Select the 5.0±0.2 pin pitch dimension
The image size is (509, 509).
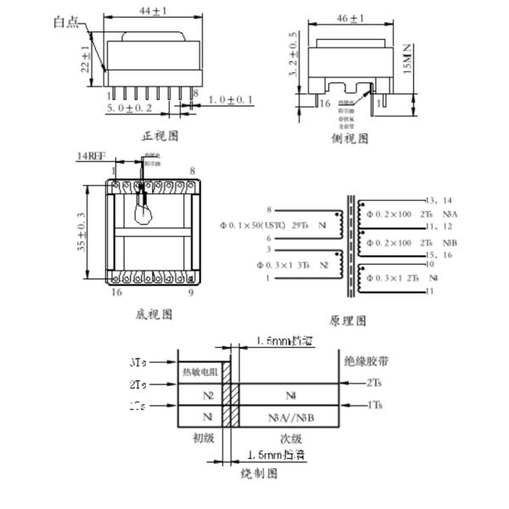(x=130, y=109)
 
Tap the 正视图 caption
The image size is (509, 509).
(x=159, y=136)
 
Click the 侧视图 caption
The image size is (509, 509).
(x=350, y=138)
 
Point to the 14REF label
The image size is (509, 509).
(x=92, y=157)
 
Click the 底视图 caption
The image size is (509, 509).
(x=154, y=314)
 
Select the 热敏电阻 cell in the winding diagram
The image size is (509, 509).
(x=199, y=372)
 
